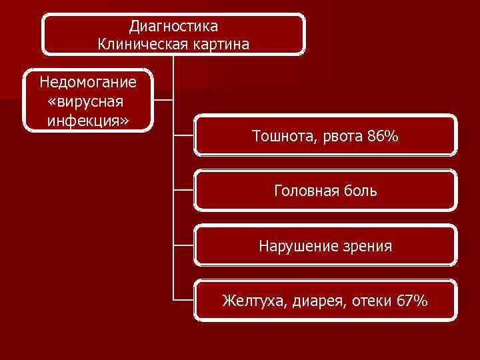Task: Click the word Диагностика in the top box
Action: pyautogui.click(x=173, y=27)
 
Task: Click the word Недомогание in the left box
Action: pyautogui.click(x=88, y=83)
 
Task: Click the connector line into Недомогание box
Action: pyautogui.click(x=164, y=101)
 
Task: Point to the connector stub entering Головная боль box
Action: pyautogui.click(x=183, y=189)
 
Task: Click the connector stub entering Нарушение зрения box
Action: pyautogui.click(x=183, y=244)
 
